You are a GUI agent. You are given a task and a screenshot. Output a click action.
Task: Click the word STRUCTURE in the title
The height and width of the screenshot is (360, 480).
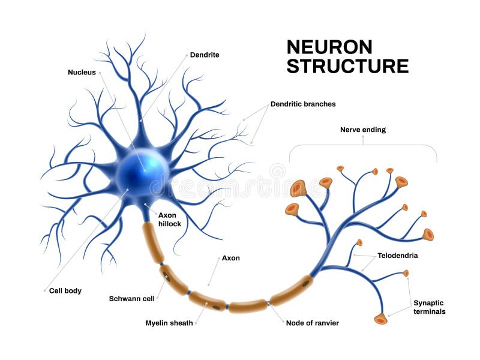click(x=347, y=67)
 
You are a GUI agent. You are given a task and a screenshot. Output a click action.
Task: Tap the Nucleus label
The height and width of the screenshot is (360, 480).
click(x=82, y=72)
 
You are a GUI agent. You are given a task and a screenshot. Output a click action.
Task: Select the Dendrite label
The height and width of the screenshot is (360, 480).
click(x=204, y=55)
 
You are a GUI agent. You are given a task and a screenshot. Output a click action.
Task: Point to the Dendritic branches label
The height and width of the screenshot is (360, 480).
click(x=303, y=104)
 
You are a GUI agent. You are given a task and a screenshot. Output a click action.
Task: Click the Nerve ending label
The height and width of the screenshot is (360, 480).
click(x=362, y=129)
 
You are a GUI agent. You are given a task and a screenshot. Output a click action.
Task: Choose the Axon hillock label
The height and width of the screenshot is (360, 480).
click(x=170, y=219)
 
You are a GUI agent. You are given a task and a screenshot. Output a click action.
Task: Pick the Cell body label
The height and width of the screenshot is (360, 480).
click(x=66, y=290)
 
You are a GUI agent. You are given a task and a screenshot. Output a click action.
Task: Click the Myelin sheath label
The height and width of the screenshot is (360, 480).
click(x=169, y=323)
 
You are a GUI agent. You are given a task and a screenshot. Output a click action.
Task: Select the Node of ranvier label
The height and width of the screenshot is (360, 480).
click(x=312, y=323)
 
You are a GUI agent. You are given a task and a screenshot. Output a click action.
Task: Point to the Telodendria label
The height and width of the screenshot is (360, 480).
click(x=397, y=255)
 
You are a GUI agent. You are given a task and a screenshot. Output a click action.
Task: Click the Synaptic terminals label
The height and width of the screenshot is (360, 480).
click(x=430, y=307)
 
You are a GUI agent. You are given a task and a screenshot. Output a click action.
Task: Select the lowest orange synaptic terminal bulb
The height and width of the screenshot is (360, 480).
click(x=380, y=319)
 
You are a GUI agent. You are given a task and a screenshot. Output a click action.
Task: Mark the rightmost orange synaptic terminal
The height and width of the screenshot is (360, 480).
click(x=428, y=235)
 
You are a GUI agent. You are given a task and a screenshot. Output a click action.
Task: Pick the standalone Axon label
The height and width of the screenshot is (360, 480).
click(x=231, y=258)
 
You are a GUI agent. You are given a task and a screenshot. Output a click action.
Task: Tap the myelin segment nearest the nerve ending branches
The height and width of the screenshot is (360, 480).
click(x=292, y=290)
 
